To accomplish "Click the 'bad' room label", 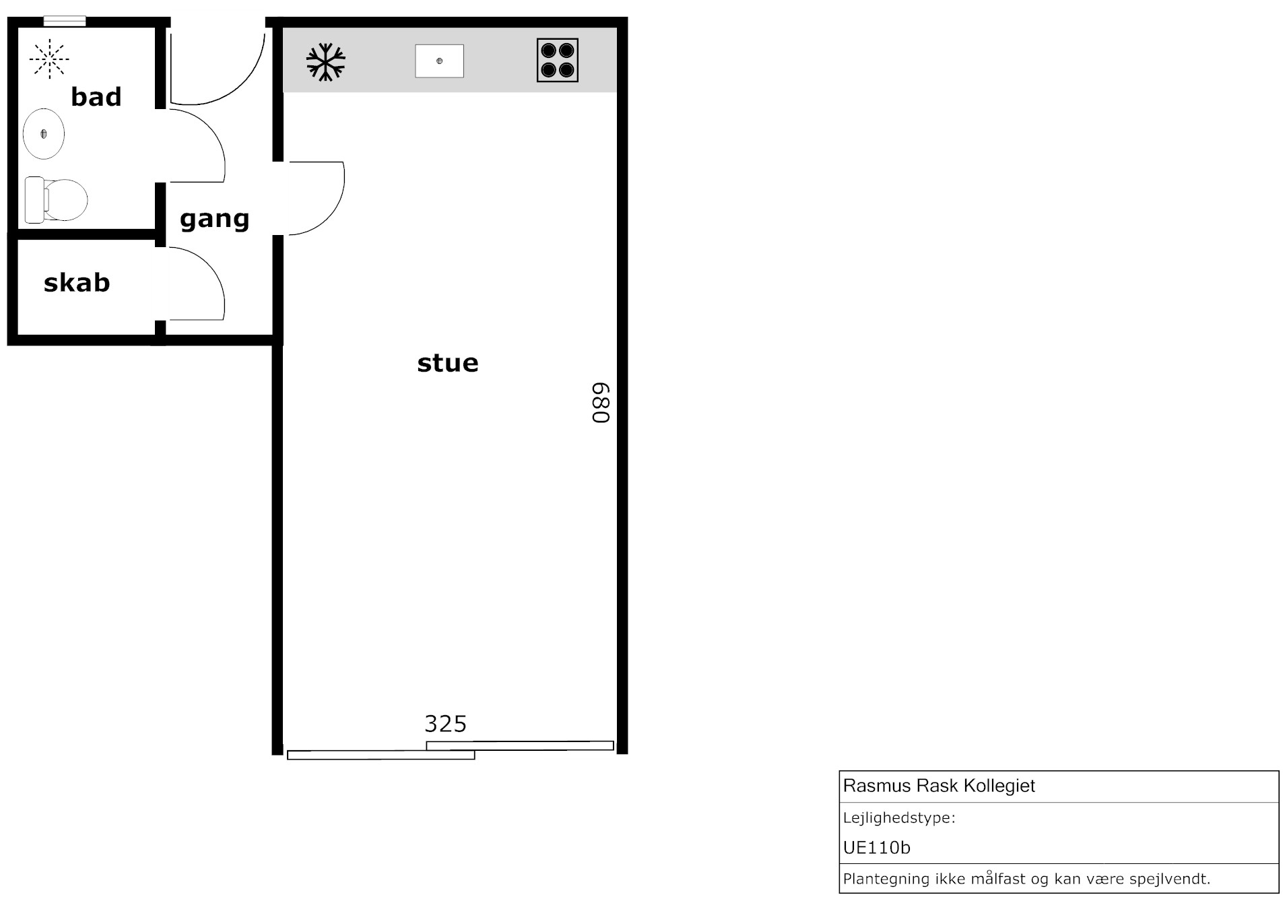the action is coord(96,97).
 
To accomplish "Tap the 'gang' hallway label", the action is coord(214,219).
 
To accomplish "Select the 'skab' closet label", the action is coord(77,282).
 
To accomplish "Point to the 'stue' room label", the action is coord(448,363).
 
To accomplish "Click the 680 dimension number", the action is coord(601,403).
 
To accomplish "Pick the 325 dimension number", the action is coord(445,724).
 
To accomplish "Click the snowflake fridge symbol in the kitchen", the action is coord(326,62).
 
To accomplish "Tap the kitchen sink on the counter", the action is coord(439,61).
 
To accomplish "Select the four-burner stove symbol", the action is coord(558,61).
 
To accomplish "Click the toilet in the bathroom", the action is coord(56,200).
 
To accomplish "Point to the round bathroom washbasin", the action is coord(44,134).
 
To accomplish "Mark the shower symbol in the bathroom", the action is coord(49,59).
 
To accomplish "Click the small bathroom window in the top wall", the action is coord(65,21).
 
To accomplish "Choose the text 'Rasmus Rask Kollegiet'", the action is coord(939,786).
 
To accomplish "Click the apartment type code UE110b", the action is coord(876,847).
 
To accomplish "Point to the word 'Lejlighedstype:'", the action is coord(899,818).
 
